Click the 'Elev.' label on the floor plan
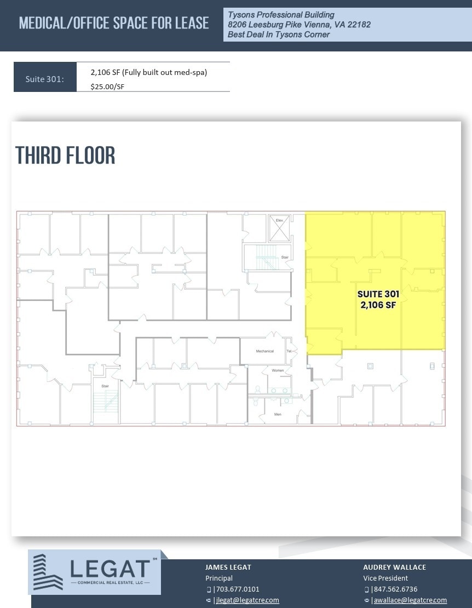coord(279,220)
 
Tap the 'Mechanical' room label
coord(264,351)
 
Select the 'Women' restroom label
coord(278,370)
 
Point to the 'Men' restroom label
coord(278,414)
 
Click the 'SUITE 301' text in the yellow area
coord(378,294)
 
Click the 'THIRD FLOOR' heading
coord(65,155)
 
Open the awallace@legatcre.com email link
coord(410,600)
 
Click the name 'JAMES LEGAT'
coord(228,568)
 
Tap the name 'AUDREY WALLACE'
coord(394,568)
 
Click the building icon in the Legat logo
coord(48,572)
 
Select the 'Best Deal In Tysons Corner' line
coord(279,34)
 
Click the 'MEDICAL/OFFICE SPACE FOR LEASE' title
coord(114,23)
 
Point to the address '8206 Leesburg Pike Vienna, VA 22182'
coord(299,25)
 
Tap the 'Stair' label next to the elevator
coord(285,257)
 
